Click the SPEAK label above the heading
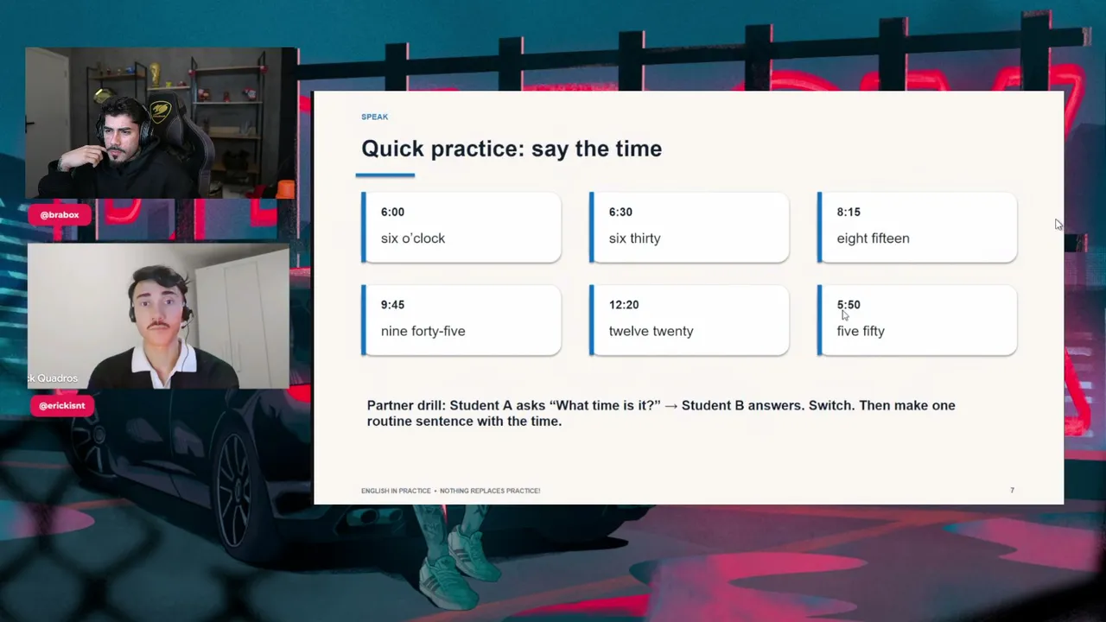pos(374,117)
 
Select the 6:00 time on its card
pos(392,213)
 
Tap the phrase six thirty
pos(634,238)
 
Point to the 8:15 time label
pos(849,213)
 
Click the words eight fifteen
pos(873,238)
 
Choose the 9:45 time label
pos(392,305)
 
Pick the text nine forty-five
pos(423,331)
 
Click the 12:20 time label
pos(624,305)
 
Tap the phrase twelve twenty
pos(651,331)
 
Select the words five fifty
pos(861,331)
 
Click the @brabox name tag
pos(60,215)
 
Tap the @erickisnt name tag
pos(61,406)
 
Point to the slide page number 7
pos(1012,490)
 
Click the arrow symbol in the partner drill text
pos(671,406)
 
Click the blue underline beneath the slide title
pos(385,175)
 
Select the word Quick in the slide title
pos(392,149)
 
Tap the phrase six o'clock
pos(413,238)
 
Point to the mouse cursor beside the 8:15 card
pos(1058,225)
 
